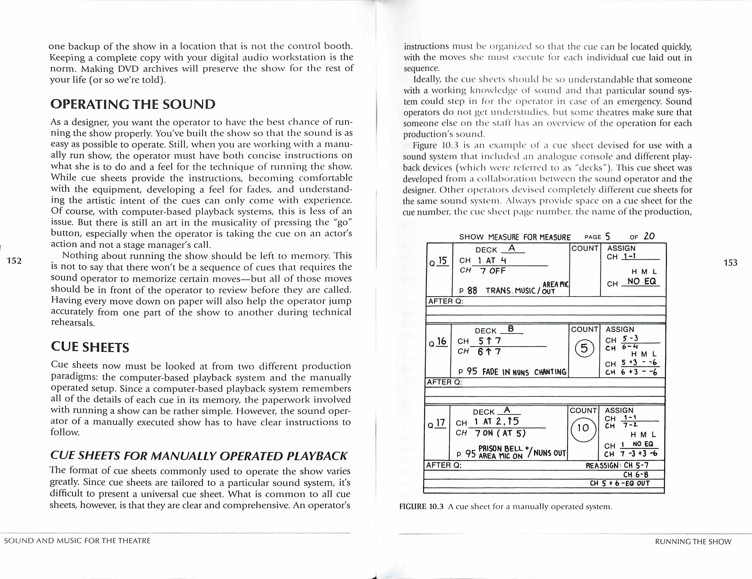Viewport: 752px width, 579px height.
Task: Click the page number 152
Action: point(14,261)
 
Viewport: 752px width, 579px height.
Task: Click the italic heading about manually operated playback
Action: point(199,456)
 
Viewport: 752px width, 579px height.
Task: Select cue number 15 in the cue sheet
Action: point(442,261)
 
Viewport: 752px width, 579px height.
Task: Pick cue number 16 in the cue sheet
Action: point(441,341)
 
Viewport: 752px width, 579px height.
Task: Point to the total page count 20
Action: point(649,236)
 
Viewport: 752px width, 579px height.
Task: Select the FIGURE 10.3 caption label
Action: point(421,506)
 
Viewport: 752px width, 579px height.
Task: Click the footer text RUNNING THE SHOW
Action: point(693,541)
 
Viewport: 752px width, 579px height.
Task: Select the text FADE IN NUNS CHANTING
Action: point(524,372)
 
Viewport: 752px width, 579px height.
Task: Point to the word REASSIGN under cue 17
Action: point(602,466)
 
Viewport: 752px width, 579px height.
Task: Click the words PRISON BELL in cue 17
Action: point(500,449)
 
